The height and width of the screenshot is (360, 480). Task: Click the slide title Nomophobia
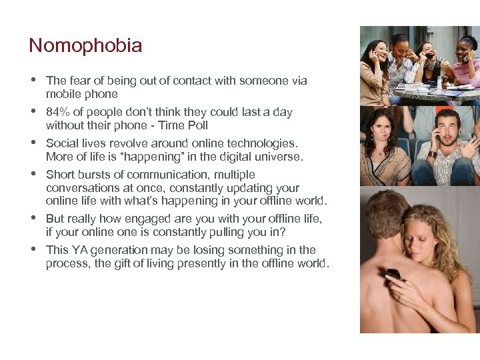pyautogui.click(x=85, y=46)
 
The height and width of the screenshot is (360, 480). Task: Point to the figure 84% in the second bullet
pyautogui.click(x=57, y=112)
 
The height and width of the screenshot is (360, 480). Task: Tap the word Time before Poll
pyautogui.click(x=170, y=125)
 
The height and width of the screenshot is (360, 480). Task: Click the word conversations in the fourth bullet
pyautogui.click(x=83, y=188)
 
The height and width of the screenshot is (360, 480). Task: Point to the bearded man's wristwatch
pyautogui.click(x=432, y=155)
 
